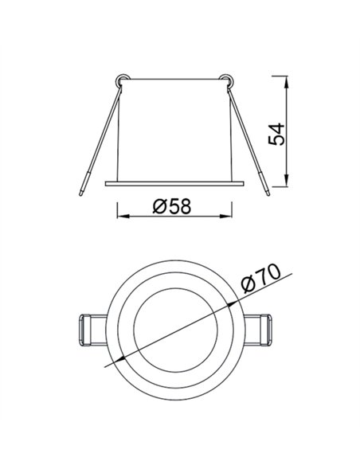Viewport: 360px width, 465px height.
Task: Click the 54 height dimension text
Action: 276,133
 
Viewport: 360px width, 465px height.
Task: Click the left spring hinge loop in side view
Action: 121,79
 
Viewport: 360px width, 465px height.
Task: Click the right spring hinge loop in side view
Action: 227,79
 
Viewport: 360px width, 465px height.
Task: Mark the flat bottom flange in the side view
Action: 175,182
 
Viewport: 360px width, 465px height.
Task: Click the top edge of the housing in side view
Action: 174,79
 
